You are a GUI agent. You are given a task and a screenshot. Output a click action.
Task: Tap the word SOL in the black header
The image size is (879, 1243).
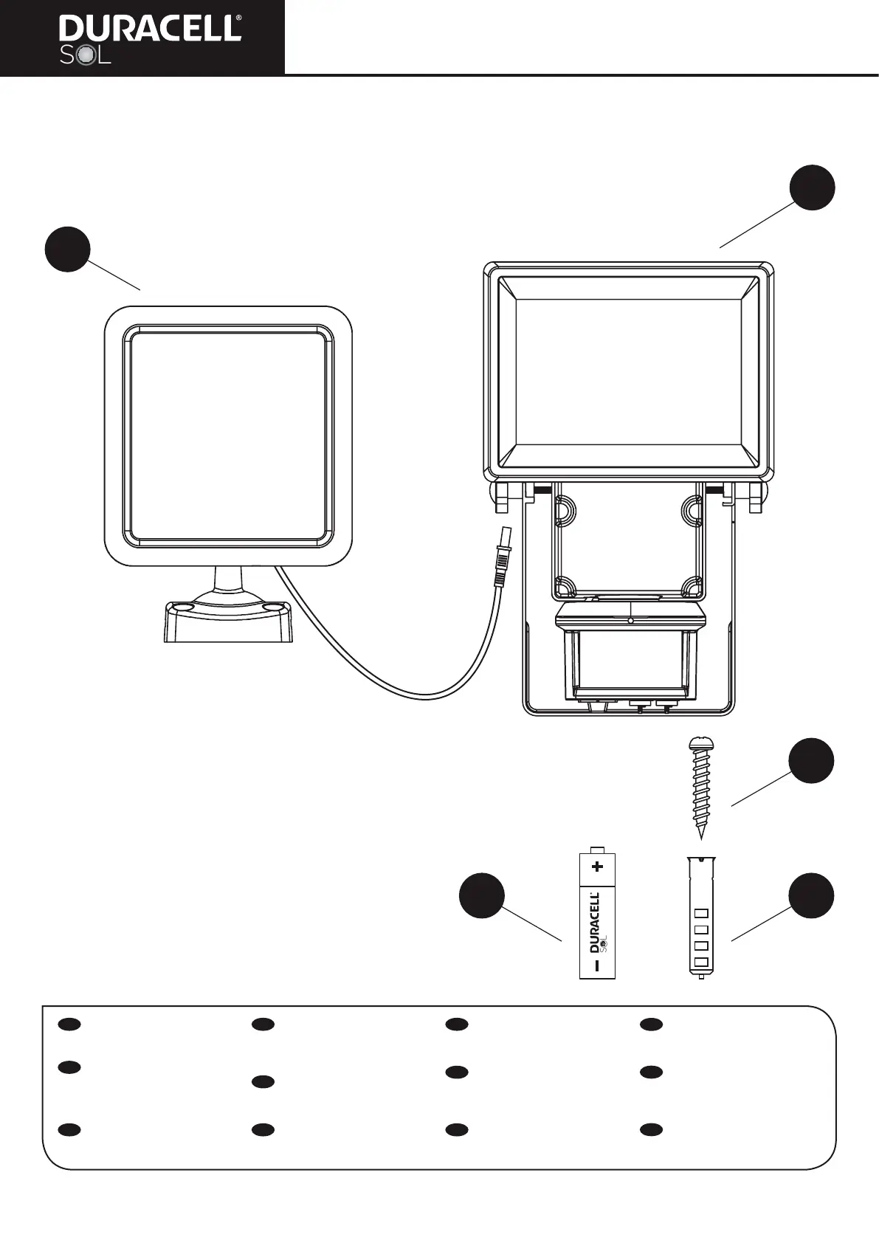(x=85, y=56)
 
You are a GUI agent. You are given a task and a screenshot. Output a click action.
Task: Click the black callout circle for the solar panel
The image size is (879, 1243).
(x=67, y=249)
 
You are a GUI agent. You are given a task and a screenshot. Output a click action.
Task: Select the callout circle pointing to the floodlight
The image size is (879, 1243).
(x=813, y=187)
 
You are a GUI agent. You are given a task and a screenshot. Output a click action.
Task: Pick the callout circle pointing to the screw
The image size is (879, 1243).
(x=811, y=760)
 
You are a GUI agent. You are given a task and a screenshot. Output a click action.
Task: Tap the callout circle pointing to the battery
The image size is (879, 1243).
(x=481, y=896)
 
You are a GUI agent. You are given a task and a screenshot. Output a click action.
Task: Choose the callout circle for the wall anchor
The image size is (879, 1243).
(x=811, y=896)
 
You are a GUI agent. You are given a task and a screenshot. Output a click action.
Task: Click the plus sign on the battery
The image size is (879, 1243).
(x=598, y=866)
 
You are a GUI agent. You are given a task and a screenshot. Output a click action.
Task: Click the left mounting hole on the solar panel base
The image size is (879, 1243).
(x=180, y=607)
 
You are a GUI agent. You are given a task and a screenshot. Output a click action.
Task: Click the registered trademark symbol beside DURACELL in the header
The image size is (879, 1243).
(x=238, y=18)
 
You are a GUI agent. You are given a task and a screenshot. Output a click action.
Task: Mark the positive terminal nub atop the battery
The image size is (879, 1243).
(x=597, y=850)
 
